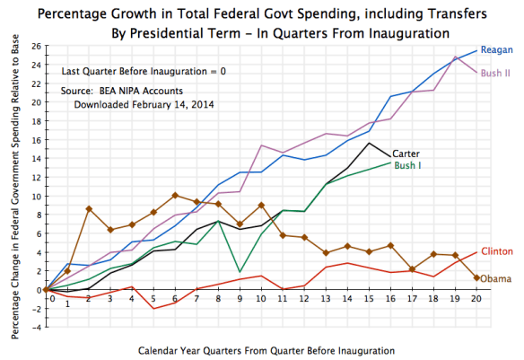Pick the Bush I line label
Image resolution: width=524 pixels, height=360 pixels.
409,166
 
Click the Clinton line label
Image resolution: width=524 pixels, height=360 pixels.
497,250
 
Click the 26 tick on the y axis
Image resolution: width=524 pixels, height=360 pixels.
37,45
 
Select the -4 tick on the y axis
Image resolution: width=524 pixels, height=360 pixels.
37,327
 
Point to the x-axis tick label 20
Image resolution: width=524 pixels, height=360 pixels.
475,298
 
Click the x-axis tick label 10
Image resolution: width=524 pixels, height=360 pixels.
260,298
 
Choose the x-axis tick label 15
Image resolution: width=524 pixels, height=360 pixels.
368,298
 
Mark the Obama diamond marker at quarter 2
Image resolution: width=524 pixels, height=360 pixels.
89,209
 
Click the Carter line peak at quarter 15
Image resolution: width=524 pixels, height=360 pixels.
369,144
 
